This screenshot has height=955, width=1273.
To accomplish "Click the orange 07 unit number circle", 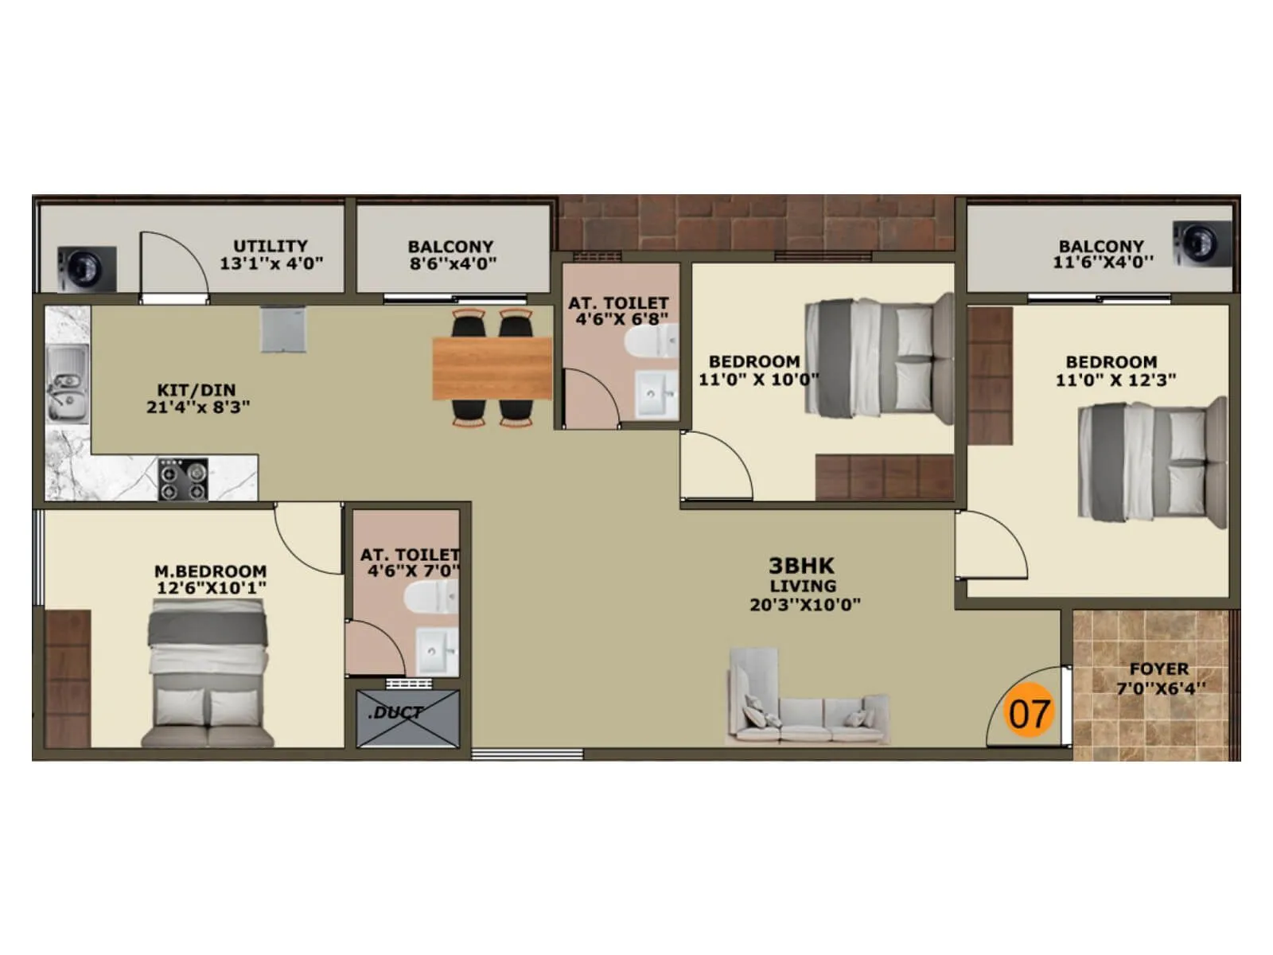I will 1029,710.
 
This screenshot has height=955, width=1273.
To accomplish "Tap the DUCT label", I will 396,712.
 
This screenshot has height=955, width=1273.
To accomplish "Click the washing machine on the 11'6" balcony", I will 1201,244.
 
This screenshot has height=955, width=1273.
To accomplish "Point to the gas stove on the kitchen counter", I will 183,479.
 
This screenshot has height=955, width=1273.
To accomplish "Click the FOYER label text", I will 1158,669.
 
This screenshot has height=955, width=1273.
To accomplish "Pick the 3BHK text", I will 801,566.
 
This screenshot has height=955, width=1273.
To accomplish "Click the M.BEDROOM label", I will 210,571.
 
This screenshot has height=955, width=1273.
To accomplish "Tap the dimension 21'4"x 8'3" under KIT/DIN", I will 198,407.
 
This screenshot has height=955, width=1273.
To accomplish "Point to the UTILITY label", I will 270,246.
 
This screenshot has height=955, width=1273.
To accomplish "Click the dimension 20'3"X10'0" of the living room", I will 804,605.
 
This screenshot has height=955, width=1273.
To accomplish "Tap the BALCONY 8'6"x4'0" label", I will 451,255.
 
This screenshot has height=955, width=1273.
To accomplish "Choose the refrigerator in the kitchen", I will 283,329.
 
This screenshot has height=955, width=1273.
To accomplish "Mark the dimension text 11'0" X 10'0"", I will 758,380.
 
